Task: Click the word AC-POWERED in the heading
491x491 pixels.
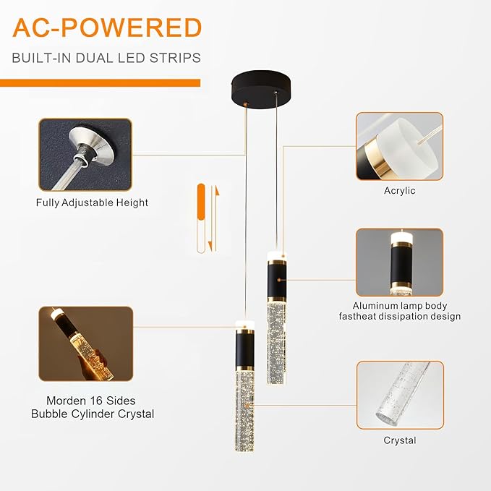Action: [107, 28]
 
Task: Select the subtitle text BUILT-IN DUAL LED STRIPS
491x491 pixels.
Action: [106, 59]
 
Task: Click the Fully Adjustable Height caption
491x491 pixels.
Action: [92, 202]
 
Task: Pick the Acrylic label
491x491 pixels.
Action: [400, 191]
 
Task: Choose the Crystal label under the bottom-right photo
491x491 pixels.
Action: [400, 440]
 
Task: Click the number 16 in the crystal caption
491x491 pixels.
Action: [95, 401]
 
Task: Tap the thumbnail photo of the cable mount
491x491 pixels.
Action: [85, 155]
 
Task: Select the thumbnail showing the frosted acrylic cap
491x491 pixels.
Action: [400, 146]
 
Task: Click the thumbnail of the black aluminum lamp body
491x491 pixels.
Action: [400, 262]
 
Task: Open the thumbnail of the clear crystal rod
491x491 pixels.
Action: [400, 395]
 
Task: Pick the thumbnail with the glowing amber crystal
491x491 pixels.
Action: [86, 343]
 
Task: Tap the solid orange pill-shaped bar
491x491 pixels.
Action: [201, 202]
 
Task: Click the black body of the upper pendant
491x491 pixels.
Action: [276, 279]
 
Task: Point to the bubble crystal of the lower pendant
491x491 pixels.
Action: [244, 411]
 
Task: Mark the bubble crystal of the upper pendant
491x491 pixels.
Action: [276, 343]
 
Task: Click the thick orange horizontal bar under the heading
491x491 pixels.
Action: [101, 83]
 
